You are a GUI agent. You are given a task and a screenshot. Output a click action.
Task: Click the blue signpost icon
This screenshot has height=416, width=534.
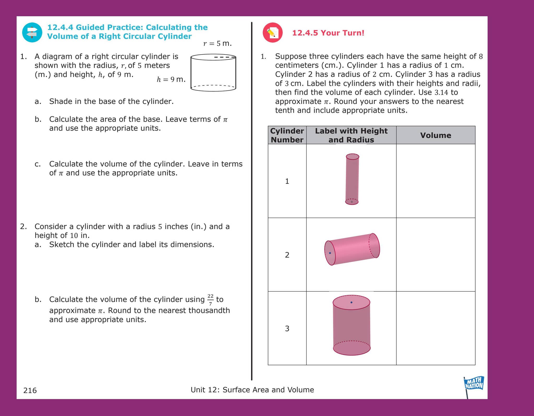tap(32, 33)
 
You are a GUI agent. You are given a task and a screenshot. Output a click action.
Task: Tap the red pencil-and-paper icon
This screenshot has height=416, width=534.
tap(272, 33)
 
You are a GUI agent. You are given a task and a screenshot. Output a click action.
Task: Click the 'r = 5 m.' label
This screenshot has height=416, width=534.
tap(217, 43)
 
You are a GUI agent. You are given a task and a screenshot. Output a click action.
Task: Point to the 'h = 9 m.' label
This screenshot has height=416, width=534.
tap(171, 79)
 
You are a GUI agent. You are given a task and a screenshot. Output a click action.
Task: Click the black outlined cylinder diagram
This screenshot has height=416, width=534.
tap(213, 73)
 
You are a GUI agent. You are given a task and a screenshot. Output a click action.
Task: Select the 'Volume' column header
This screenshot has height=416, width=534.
tap(435, 135)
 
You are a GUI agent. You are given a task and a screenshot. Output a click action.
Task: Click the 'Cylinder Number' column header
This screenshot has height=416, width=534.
tap(287, 135)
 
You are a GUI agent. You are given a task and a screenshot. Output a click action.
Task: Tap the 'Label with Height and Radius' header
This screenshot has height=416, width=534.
tap(351, 135)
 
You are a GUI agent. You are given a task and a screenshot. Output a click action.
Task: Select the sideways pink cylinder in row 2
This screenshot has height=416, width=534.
tap(352, 249)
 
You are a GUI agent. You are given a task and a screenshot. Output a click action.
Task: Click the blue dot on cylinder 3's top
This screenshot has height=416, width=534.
tap(351, 302)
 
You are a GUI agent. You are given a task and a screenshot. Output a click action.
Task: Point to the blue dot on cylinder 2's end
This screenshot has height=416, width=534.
tap(330, 253)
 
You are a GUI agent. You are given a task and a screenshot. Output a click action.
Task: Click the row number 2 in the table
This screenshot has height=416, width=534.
tap(287, 255)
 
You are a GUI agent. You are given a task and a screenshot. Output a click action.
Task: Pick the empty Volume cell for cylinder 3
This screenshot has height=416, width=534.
tap(435, 328)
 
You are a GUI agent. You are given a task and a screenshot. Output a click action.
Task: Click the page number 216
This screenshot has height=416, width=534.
tap(30, 390)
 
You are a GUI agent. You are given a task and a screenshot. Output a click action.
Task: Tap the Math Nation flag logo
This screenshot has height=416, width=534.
tap(474, 384)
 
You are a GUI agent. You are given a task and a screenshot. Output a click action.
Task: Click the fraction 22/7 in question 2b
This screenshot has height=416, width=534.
tap(210, 300)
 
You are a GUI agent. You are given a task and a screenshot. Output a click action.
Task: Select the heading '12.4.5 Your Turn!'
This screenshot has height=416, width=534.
tap(328, 33)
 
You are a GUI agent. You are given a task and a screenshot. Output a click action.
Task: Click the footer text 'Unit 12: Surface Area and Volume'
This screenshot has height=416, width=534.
tap(252, 389)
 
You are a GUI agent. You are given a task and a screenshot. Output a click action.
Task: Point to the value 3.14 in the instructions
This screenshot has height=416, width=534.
tap(441, 92)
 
